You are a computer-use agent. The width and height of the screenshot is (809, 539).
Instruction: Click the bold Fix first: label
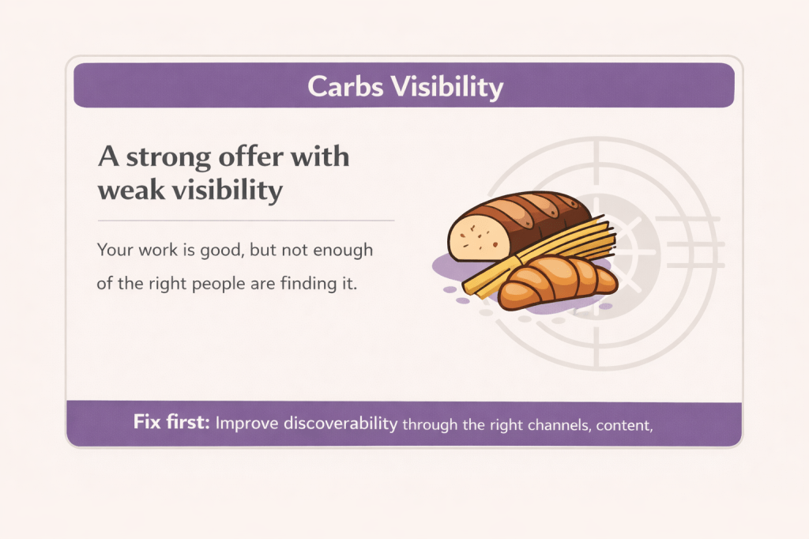(171, 423)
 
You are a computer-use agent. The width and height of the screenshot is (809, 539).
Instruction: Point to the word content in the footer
(623, 424)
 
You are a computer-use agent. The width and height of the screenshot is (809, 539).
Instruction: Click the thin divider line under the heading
(245, 220)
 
